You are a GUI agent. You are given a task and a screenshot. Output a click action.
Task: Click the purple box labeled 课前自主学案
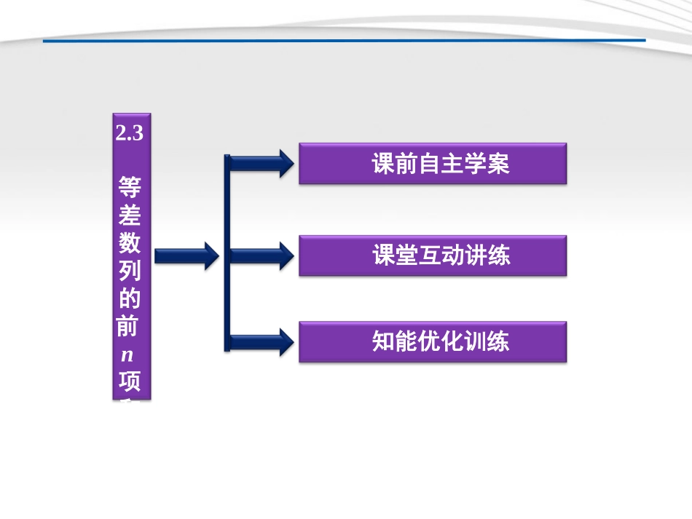point(433,164)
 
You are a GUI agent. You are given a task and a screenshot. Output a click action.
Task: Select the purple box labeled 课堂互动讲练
point(433,255)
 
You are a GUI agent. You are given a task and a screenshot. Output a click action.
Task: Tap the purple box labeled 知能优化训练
point(433,342)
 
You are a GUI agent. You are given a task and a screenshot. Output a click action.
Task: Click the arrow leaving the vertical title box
point(186,255)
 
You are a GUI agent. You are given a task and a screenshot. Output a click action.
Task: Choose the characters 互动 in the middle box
point(441,255)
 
